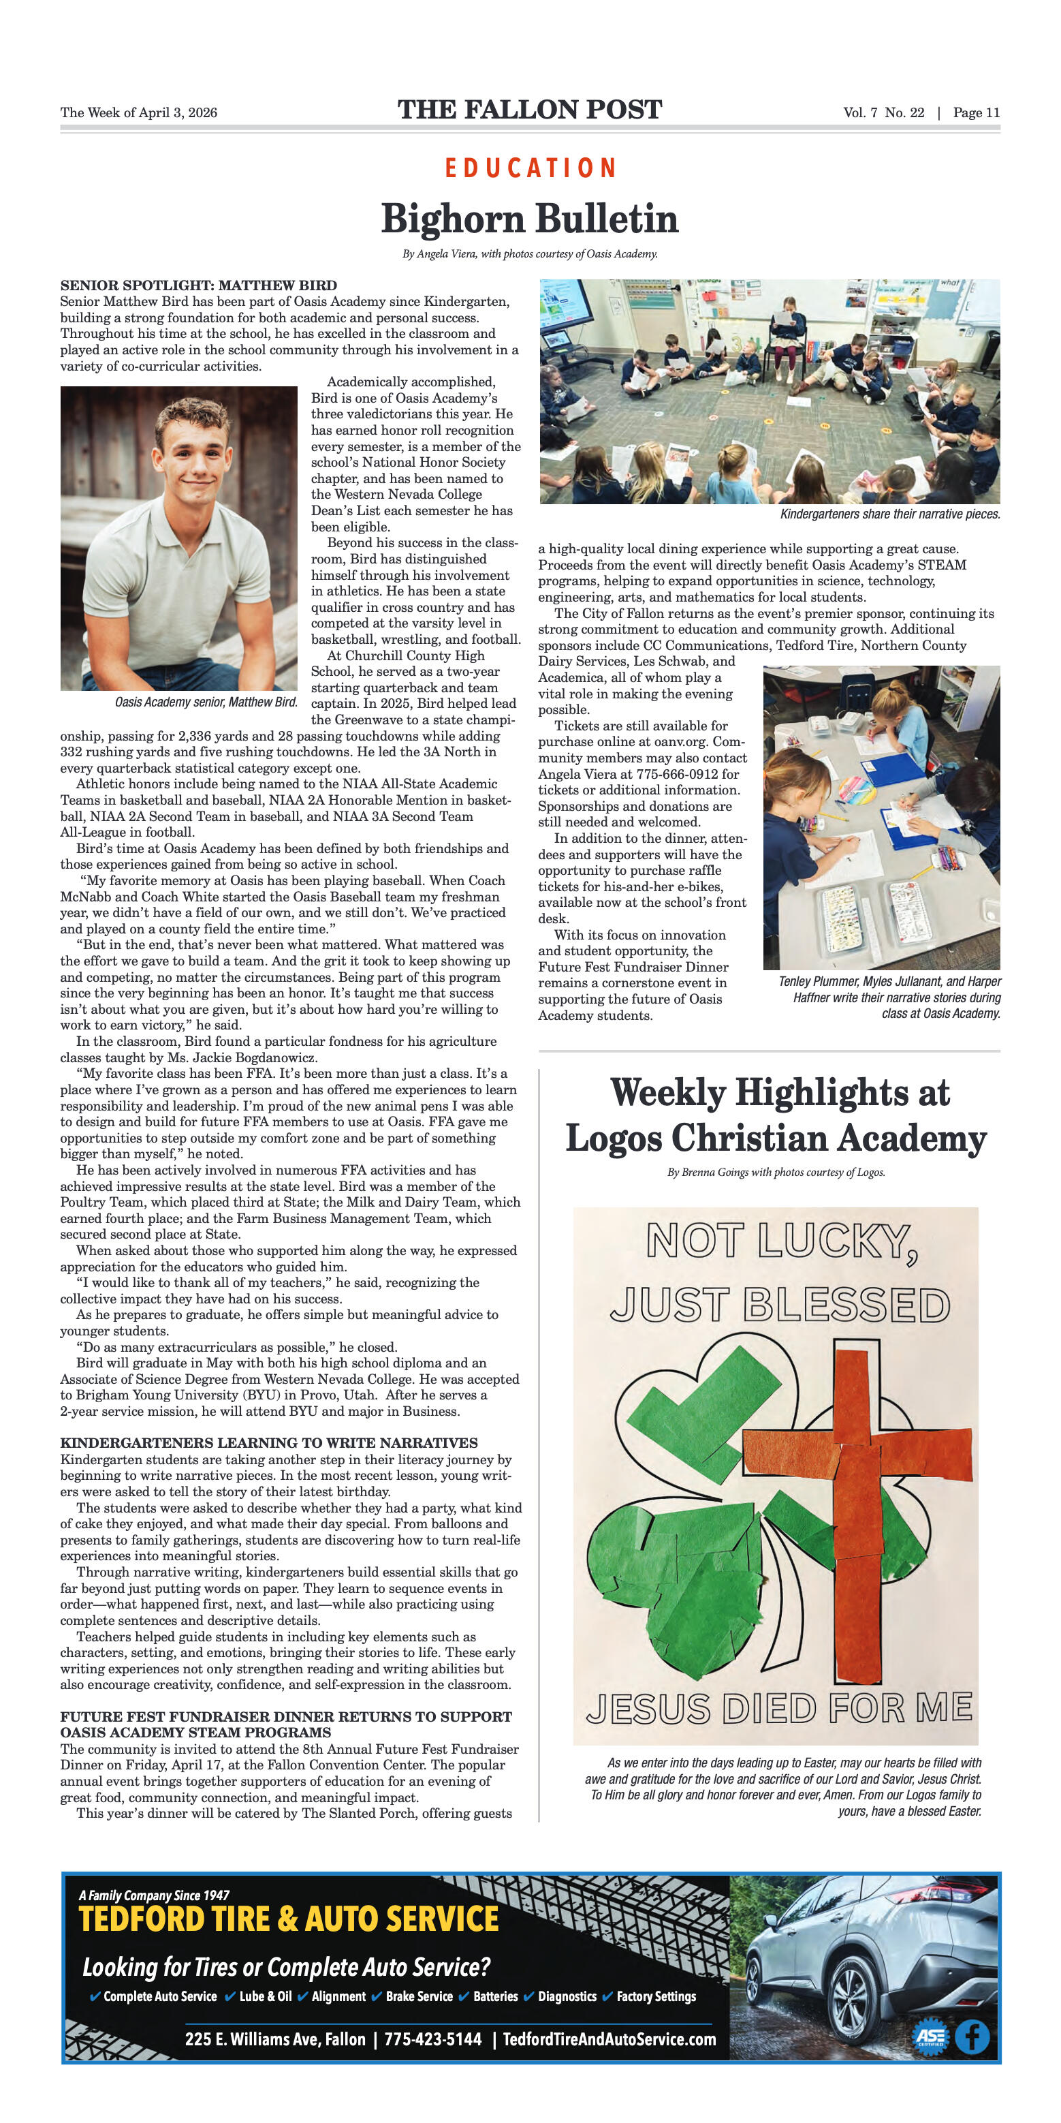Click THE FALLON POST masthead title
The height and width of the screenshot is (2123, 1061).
pos(530,110)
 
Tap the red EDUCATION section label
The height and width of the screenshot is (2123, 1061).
pos(530,168)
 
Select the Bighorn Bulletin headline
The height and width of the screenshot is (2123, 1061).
pos(530,219)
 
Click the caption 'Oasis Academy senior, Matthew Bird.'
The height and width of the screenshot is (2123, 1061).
pos(206,702)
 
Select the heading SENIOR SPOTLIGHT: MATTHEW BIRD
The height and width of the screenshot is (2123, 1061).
pos(199,285)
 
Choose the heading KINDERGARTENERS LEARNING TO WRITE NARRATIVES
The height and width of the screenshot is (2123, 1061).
pos(268,1442)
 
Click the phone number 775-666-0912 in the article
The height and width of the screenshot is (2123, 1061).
pos(687,774)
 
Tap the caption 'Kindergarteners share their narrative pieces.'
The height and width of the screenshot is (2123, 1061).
pos(889,514)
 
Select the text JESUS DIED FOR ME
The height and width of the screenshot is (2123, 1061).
pos(778,1709)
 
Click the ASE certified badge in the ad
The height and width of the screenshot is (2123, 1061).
pos(930,2037)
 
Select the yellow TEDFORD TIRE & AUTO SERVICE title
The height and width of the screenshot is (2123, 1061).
pos(288,1919)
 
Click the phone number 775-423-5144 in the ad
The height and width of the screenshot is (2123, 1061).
pos(432,2039)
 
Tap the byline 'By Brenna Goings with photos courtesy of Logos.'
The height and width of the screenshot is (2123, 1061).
pos(776,1172)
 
